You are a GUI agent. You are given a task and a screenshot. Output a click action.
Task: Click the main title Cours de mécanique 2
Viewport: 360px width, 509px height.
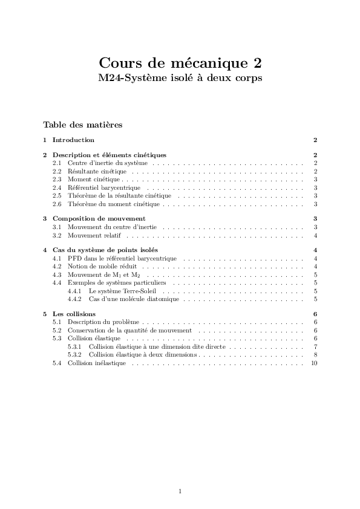[180, 63]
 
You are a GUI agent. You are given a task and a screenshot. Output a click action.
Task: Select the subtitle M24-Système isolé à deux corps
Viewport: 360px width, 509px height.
[180, 78]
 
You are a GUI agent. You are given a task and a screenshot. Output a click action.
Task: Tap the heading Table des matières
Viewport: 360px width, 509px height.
[82, 125]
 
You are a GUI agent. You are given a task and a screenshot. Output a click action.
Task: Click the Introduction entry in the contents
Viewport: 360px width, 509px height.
[73, 140]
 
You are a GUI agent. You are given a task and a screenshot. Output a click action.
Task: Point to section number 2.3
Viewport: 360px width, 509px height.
[57, 180]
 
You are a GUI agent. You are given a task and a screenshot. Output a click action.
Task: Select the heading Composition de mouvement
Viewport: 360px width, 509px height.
[99, 218]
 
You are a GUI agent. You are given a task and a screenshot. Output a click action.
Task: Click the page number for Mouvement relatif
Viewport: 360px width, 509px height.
[316, 235]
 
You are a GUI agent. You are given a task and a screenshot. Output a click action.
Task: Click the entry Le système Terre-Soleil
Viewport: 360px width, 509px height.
[122, 291]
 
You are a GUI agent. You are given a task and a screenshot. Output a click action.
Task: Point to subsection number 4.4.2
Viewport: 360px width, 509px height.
[74, 299]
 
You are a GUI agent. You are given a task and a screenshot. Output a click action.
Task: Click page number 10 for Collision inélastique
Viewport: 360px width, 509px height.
[314, 363]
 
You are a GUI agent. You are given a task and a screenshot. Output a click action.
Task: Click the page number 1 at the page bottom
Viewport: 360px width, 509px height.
[180, 491]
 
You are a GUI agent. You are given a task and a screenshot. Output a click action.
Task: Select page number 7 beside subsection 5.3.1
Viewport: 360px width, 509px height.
[316, 347]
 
